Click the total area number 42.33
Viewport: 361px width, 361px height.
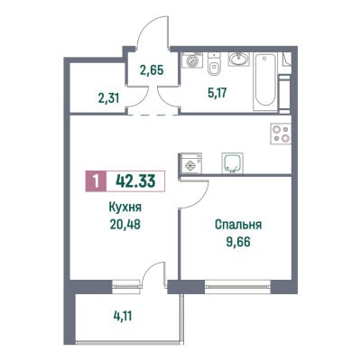(135, 181)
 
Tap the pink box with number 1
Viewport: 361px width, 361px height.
(96, 181)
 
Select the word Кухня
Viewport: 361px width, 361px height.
(125, 208)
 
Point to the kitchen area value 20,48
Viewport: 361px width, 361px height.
(125, 224)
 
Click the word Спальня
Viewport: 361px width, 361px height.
(238, 225)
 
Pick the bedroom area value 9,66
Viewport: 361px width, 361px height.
(238, 241)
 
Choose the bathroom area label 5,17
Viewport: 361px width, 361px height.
(218, 93)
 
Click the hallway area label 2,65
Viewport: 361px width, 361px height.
(152, 70)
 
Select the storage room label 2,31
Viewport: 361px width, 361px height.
(108, 98)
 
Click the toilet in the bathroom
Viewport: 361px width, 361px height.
(214, 64)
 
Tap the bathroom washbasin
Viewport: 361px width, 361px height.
(239, 59)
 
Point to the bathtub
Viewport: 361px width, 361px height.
(265, 81)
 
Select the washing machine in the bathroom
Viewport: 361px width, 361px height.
(192, 60)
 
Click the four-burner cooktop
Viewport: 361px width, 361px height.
(281, 134)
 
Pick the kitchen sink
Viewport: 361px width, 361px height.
(233, 162)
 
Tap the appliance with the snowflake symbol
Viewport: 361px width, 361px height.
(190, 163)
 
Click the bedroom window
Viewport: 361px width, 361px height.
(238, 286)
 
